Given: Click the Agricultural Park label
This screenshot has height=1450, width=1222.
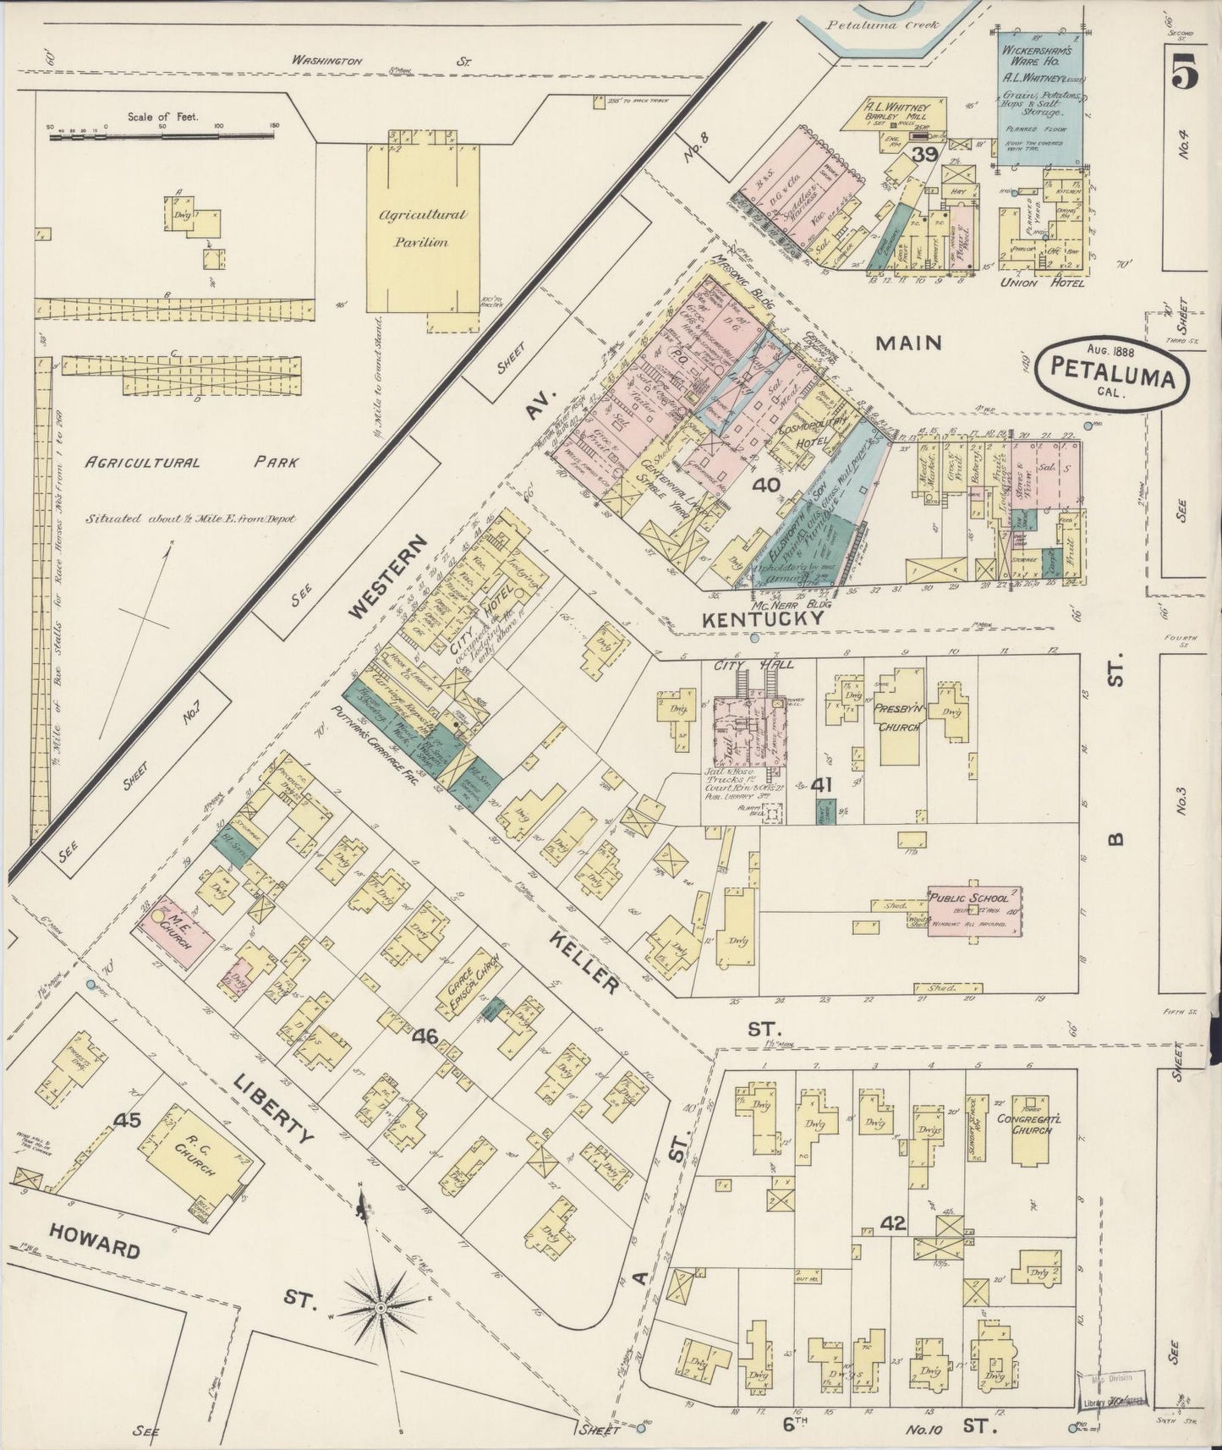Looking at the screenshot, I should pos(189,463).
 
